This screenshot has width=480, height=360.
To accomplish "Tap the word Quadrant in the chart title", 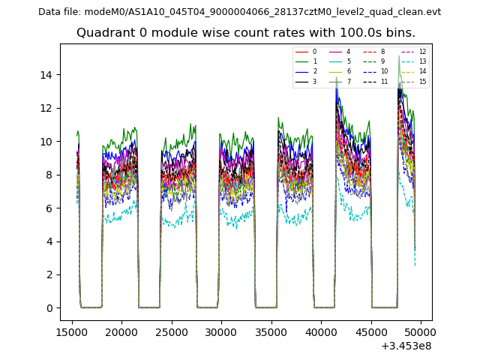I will (103, 33).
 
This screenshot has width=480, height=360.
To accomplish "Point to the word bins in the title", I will (401, 33).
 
